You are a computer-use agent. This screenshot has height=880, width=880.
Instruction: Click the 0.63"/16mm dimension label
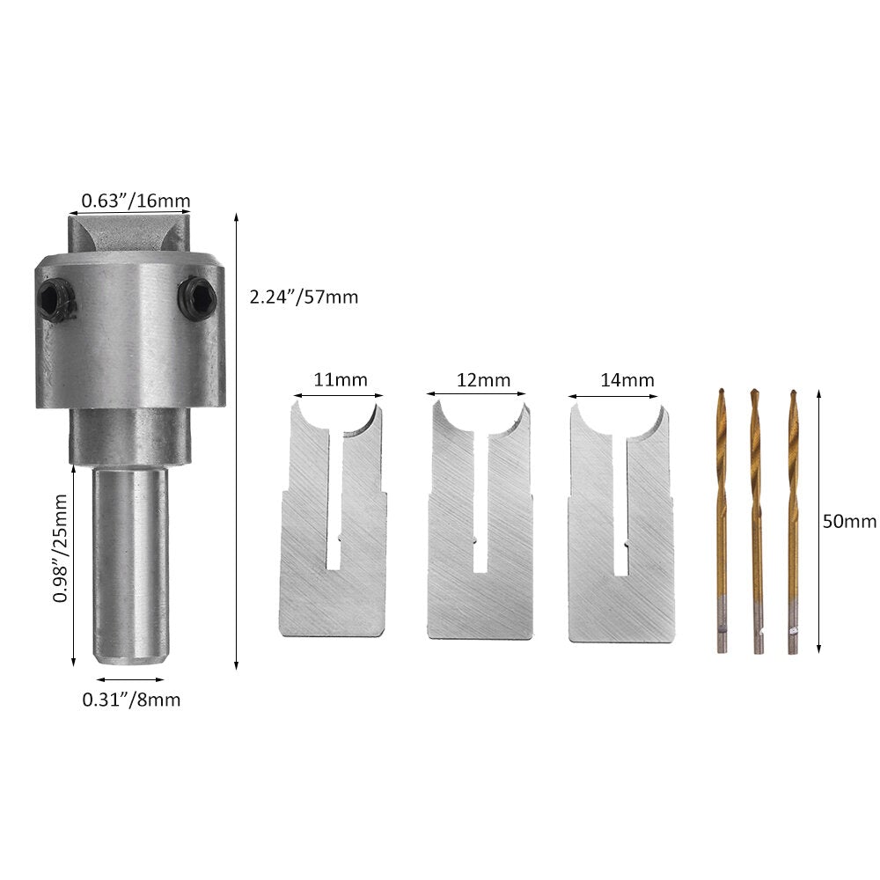[x=136, y=202]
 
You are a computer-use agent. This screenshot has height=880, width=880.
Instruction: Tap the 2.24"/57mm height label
[x=304, y=297]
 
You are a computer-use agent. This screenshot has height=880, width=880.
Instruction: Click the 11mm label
[x=340, y=380]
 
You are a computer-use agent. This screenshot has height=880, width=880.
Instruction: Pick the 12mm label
[x=483, y=380]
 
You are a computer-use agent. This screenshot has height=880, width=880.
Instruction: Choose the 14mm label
[x=627, y=380]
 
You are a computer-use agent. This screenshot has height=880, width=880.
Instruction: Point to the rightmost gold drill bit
[x=793, y=519]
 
